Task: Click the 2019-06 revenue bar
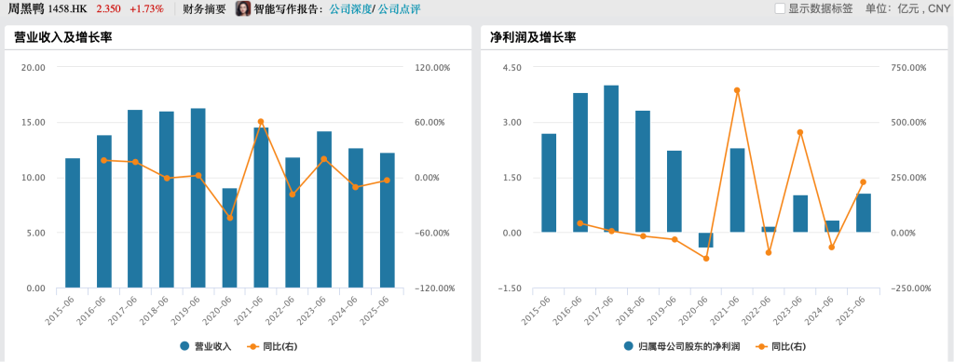coord(198,198)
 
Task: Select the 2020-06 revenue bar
coord(229,238)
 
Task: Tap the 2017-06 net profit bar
coord(611,158)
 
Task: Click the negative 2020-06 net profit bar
coord(705,240)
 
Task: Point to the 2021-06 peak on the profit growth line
coord(737,90)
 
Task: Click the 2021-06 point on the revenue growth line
coord(261,122)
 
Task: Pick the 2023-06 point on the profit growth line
coord(800,132)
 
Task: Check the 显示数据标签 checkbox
coord(780,8)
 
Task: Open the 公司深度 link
coord(349,9)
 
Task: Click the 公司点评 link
coord(400,9)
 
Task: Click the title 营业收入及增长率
coord(62,38)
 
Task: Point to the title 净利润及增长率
coord(533,38)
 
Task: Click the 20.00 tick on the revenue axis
coord(34,68)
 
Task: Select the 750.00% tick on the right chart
coord(909,68)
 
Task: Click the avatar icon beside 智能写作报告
coord(243,9)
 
